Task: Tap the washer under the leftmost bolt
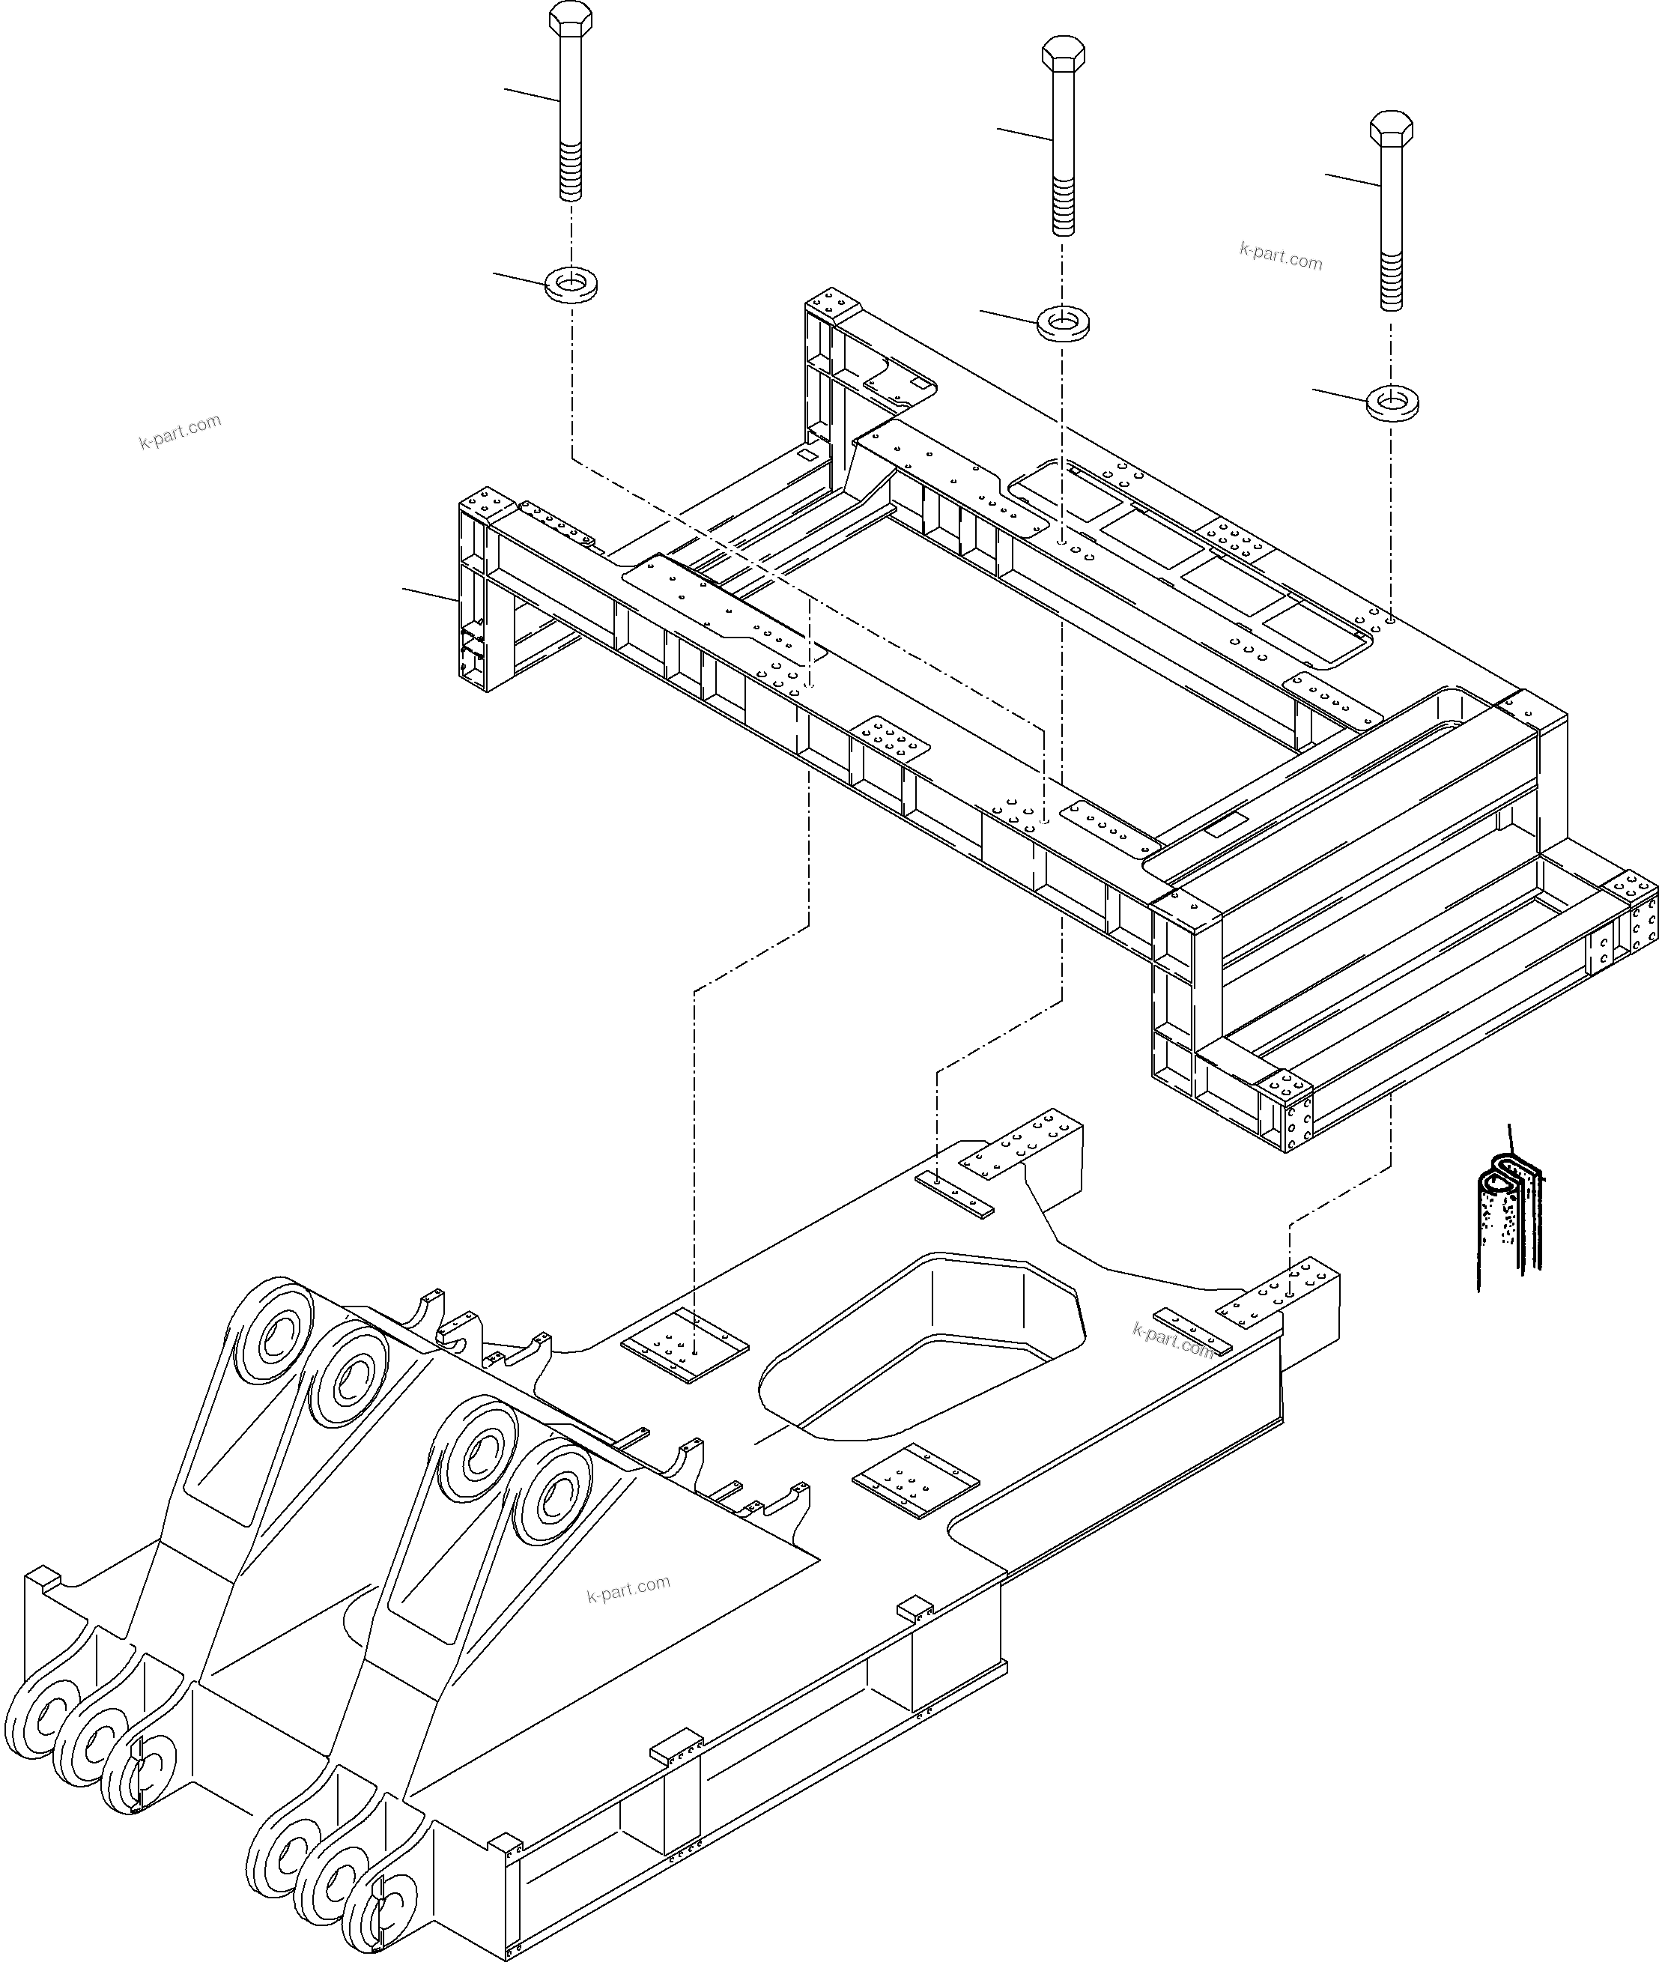571,283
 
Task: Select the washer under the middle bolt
1063,324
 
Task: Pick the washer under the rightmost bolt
1392,402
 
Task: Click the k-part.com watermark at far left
180,431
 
